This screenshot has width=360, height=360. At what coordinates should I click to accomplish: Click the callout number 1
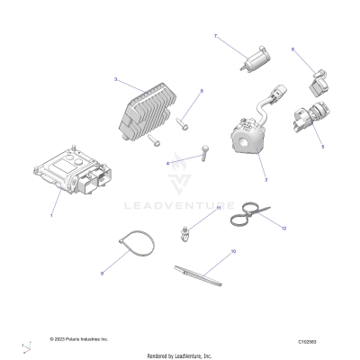point(52,216)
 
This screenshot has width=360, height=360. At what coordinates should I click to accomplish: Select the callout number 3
point(116,80)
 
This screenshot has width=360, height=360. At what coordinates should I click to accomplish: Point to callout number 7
point(215,35)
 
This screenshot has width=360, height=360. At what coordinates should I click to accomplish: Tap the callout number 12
point(283,229)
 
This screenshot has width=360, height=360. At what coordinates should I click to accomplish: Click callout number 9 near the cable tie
point(102,273)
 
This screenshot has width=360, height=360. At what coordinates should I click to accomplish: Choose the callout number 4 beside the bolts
point(167,163)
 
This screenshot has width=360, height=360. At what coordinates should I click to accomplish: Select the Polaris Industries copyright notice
point(78,339)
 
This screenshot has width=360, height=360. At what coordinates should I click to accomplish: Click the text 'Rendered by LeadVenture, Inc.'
point(180,355)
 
